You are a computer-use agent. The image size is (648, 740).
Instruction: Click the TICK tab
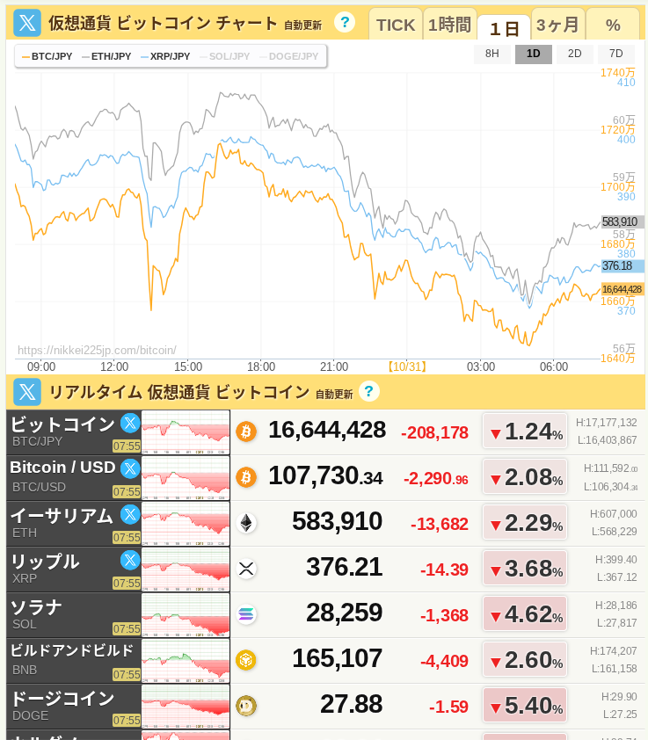tap(395, 25)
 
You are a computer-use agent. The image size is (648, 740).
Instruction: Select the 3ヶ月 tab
tap(557, 25)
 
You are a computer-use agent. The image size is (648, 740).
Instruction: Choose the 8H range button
tap(492, 54)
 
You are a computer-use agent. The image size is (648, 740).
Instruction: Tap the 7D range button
tap(615, 54)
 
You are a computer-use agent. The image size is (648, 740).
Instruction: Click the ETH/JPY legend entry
tap(106, 56)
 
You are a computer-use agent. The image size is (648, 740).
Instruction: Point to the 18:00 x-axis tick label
tap(261, 366)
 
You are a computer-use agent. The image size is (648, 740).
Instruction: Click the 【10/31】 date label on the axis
tap(406, 366)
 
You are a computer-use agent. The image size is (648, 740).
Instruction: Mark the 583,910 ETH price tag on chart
tap(620, 221)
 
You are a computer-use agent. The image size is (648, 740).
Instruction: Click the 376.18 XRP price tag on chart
tap(617, 265)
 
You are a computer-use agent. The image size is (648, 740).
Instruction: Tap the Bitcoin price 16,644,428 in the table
tap(327, 431)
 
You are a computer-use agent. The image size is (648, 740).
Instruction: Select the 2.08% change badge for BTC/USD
tap(525, 478)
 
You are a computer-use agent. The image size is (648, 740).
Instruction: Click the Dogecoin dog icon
tap(246, 706)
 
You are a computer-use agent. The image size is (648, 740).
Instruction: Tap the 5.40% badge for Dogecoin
tap(525, 705)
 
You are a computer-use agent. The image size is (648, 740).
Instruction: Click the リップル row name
tap(45, 561)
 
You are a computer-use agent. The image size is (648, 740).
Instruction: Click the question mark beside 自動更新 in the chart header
tap(345, 23)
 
